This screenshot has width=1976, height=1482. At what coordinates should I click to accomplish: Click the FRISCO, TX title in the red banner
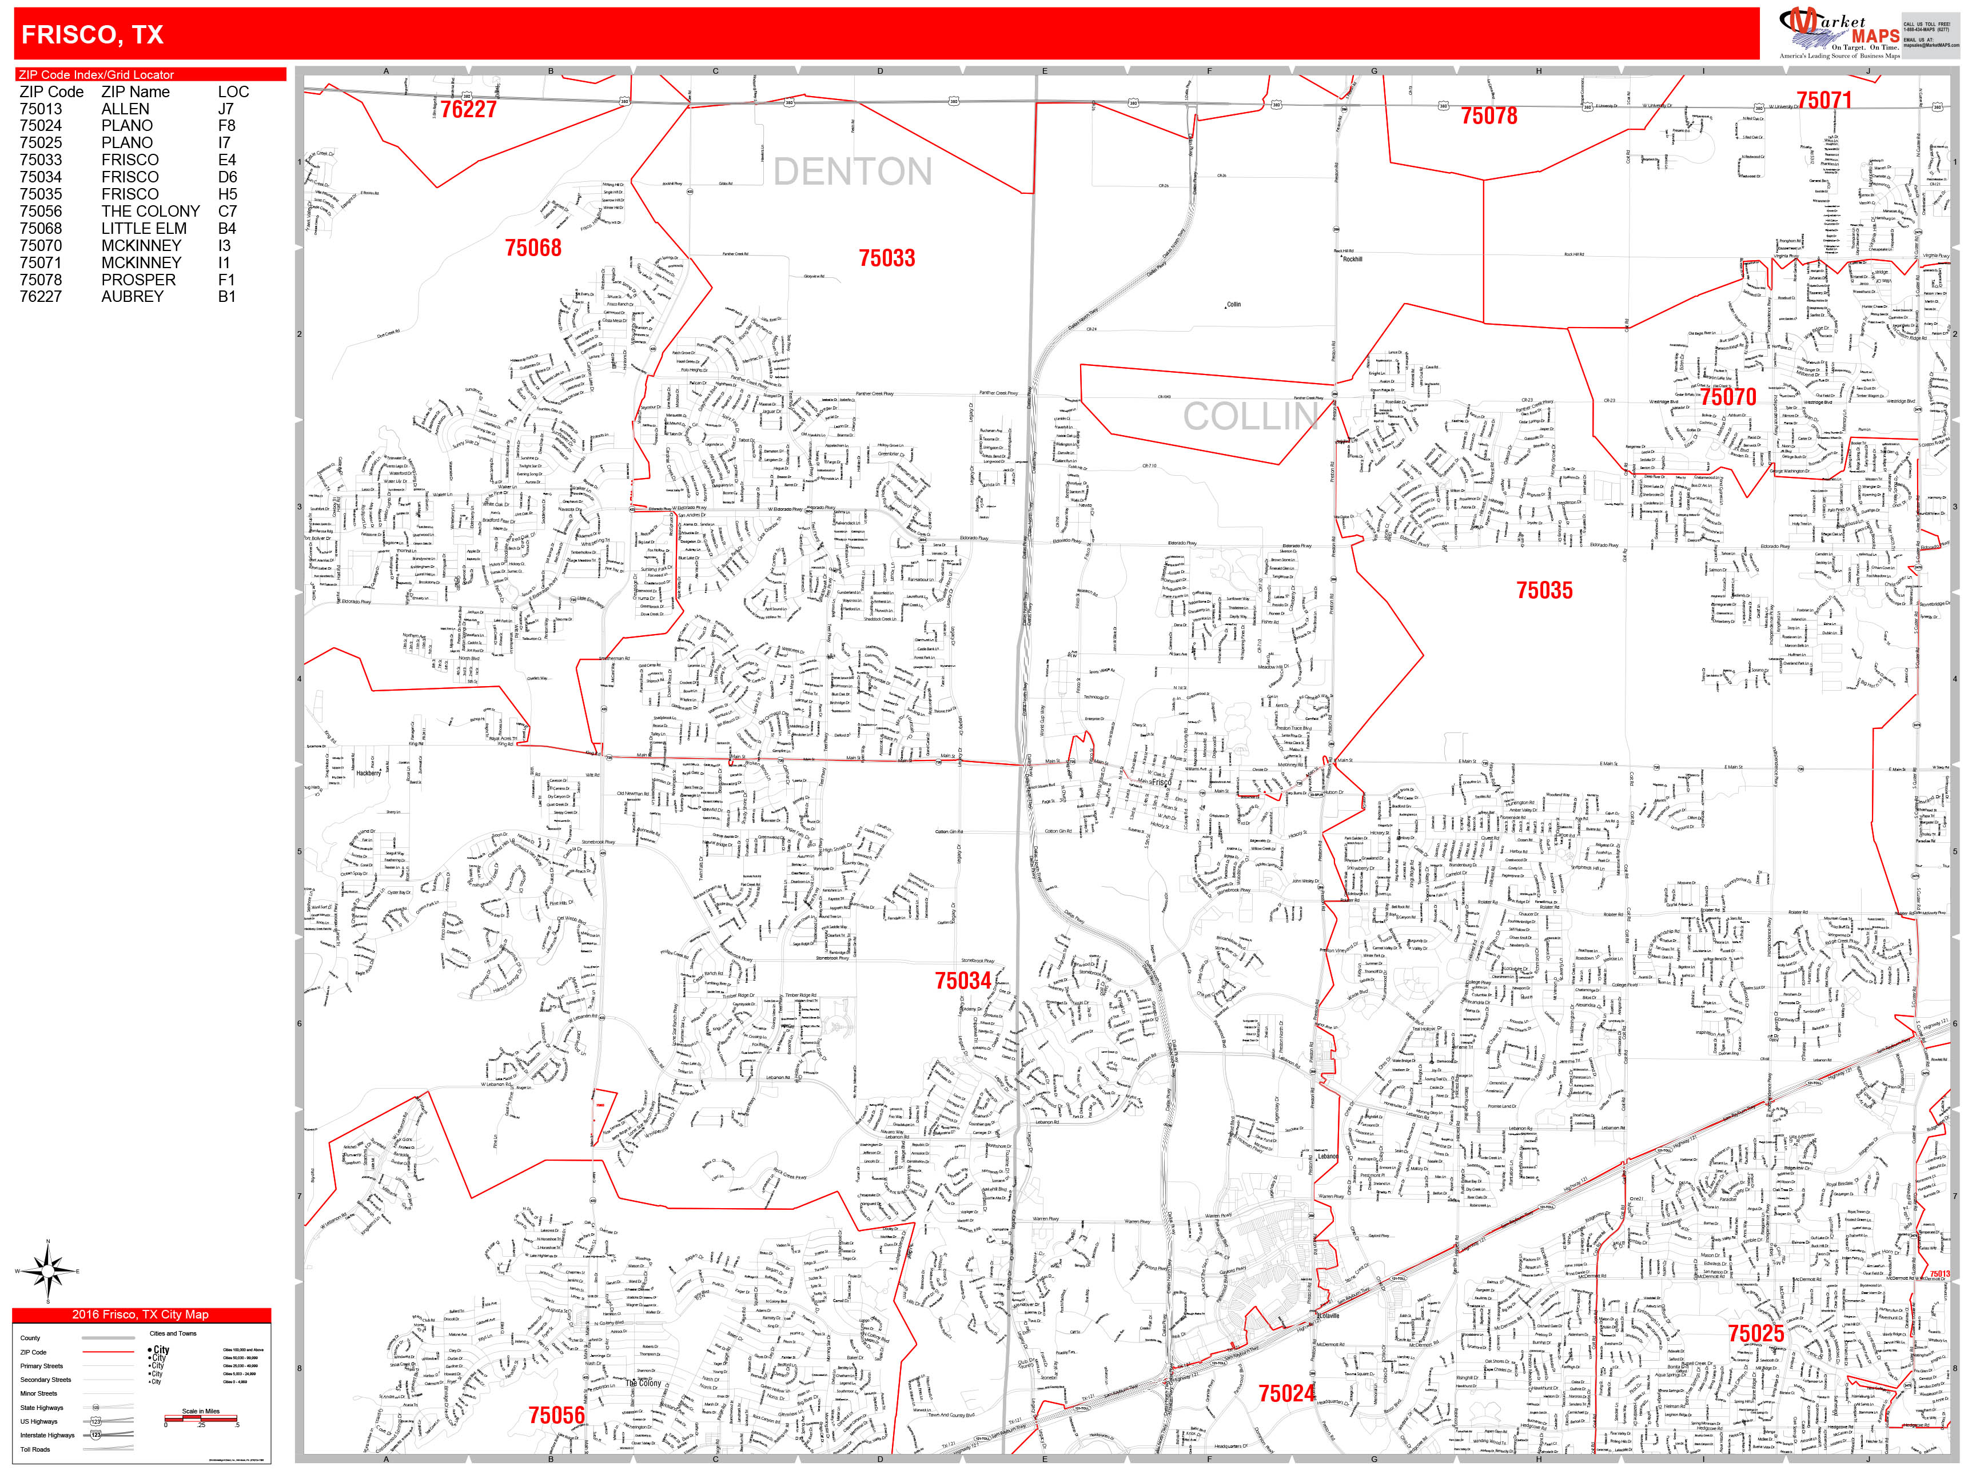[x=92, y=35]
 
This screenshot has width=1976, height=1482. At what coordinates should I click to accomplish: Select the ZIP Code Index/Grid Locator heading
[x=97, y=75]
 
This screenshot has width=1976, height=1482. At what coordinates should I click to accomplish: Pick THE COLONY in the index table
[x=150, y=212]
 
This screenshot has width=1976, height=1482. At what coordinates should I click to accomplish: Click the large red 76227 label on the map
[x=468, y=110]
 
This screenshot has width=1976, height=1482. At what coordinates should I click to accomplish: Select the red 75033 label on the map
[x=887, y=259]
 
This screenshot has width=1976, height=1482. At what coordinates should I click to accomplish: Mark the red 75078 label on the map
[x=1489, y=116]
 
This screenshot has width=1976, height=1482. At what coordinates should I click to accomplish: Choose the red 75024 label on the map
[x=1286, y=1393]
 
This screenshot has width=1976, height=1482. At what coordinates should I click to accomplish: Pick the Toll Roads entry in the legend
[x=35, y=1449]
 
